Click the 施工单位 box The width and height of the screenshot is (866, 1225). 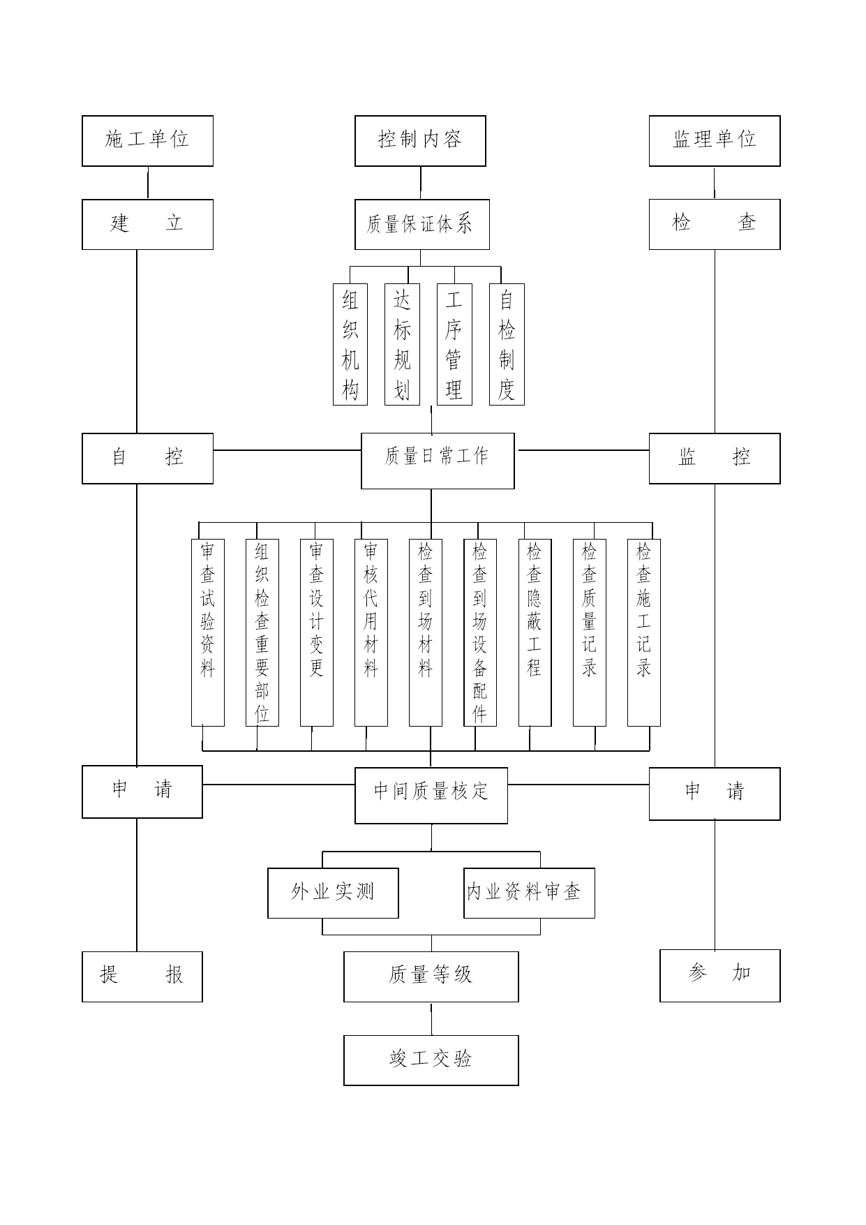[x=147, y=141]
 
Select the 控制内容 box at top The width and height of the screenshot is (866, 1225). [x=420, y=141]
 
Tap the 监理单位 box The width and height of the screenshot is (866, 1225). [x=715, y=141]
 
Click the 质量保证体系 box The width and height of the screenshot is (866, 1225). [x=422, y=224]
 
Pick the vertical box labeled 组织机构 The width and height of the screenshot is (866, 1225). [x=350, y=344]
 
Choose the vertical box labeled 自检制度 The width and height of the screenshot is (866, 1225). [x=507, y=344]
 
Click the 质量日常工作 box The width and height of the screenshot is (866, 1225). [x=438, y=461]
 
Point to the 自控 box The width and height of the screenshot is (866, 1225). [x=147, y=459]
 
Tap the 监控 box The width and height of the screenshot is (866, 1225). [x=715, y=459]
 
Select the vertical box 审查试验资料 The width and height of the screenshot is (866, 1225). [x=208, y=632]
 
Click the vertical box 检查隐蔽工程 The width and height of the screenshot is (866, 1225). [x=535, y=632]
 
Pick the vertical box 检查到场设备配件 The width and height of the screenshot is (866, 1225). [x=480, y=632]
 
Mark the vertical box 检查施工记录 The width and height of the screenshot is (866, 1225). [x=644, y=632]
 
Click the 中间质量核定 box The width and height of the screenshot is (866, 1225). [x=431, y=796]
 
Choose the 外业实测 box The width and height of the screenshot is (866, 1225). [x=333, y=893]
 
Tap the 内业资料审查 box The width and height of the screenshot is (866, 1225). [x=530, y=893]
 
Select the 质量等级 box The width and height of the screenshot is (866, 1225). [x=431, y=977]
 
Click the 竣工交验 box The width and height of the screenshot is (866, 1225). [x=431, y=1060]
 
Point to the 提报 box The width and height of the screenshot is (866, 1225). [x=142, y=977]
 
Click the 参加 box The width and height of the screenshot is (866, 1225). [x=720, y=976]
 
